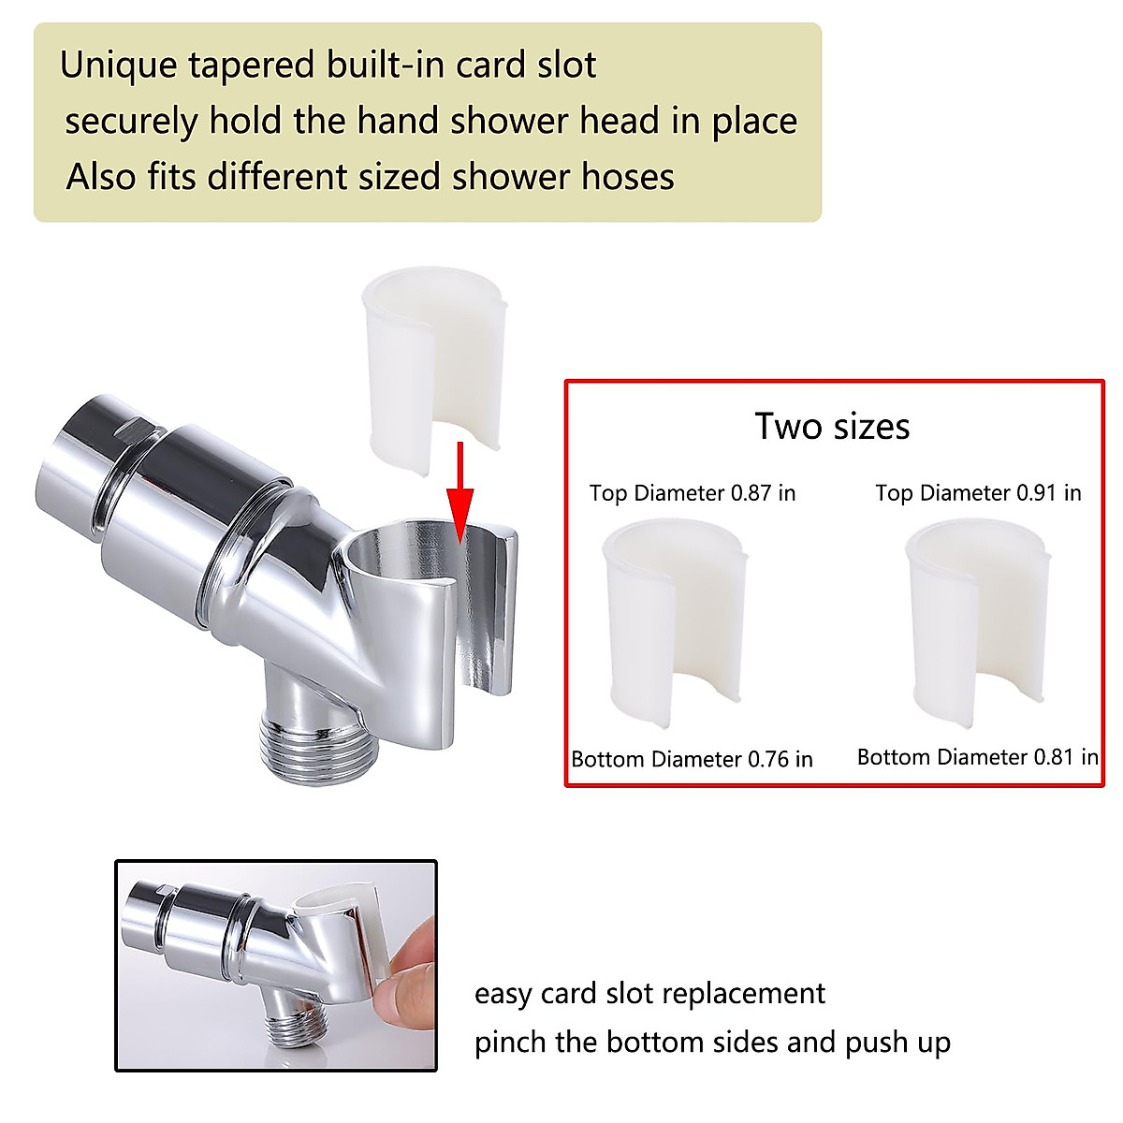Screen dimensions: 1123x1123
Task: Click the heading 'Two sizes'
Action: pos(832,427)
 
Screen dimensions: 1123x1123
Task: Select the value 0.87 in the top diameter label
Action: pos(751,493)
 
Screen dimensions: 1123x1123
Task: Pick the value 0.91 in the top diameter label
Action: pos(1037,493)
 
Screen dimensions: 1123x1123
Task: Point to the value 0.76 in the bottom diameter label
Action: pos(768,759)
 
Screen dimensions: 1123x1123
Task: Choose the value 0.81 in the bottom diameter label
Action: pos(1054,757)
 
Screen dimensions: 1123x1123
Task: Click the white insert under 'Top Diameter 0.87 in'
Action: pos(676,622)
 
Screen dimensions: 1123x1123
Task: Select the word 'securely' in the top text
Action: pos(131,122)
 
